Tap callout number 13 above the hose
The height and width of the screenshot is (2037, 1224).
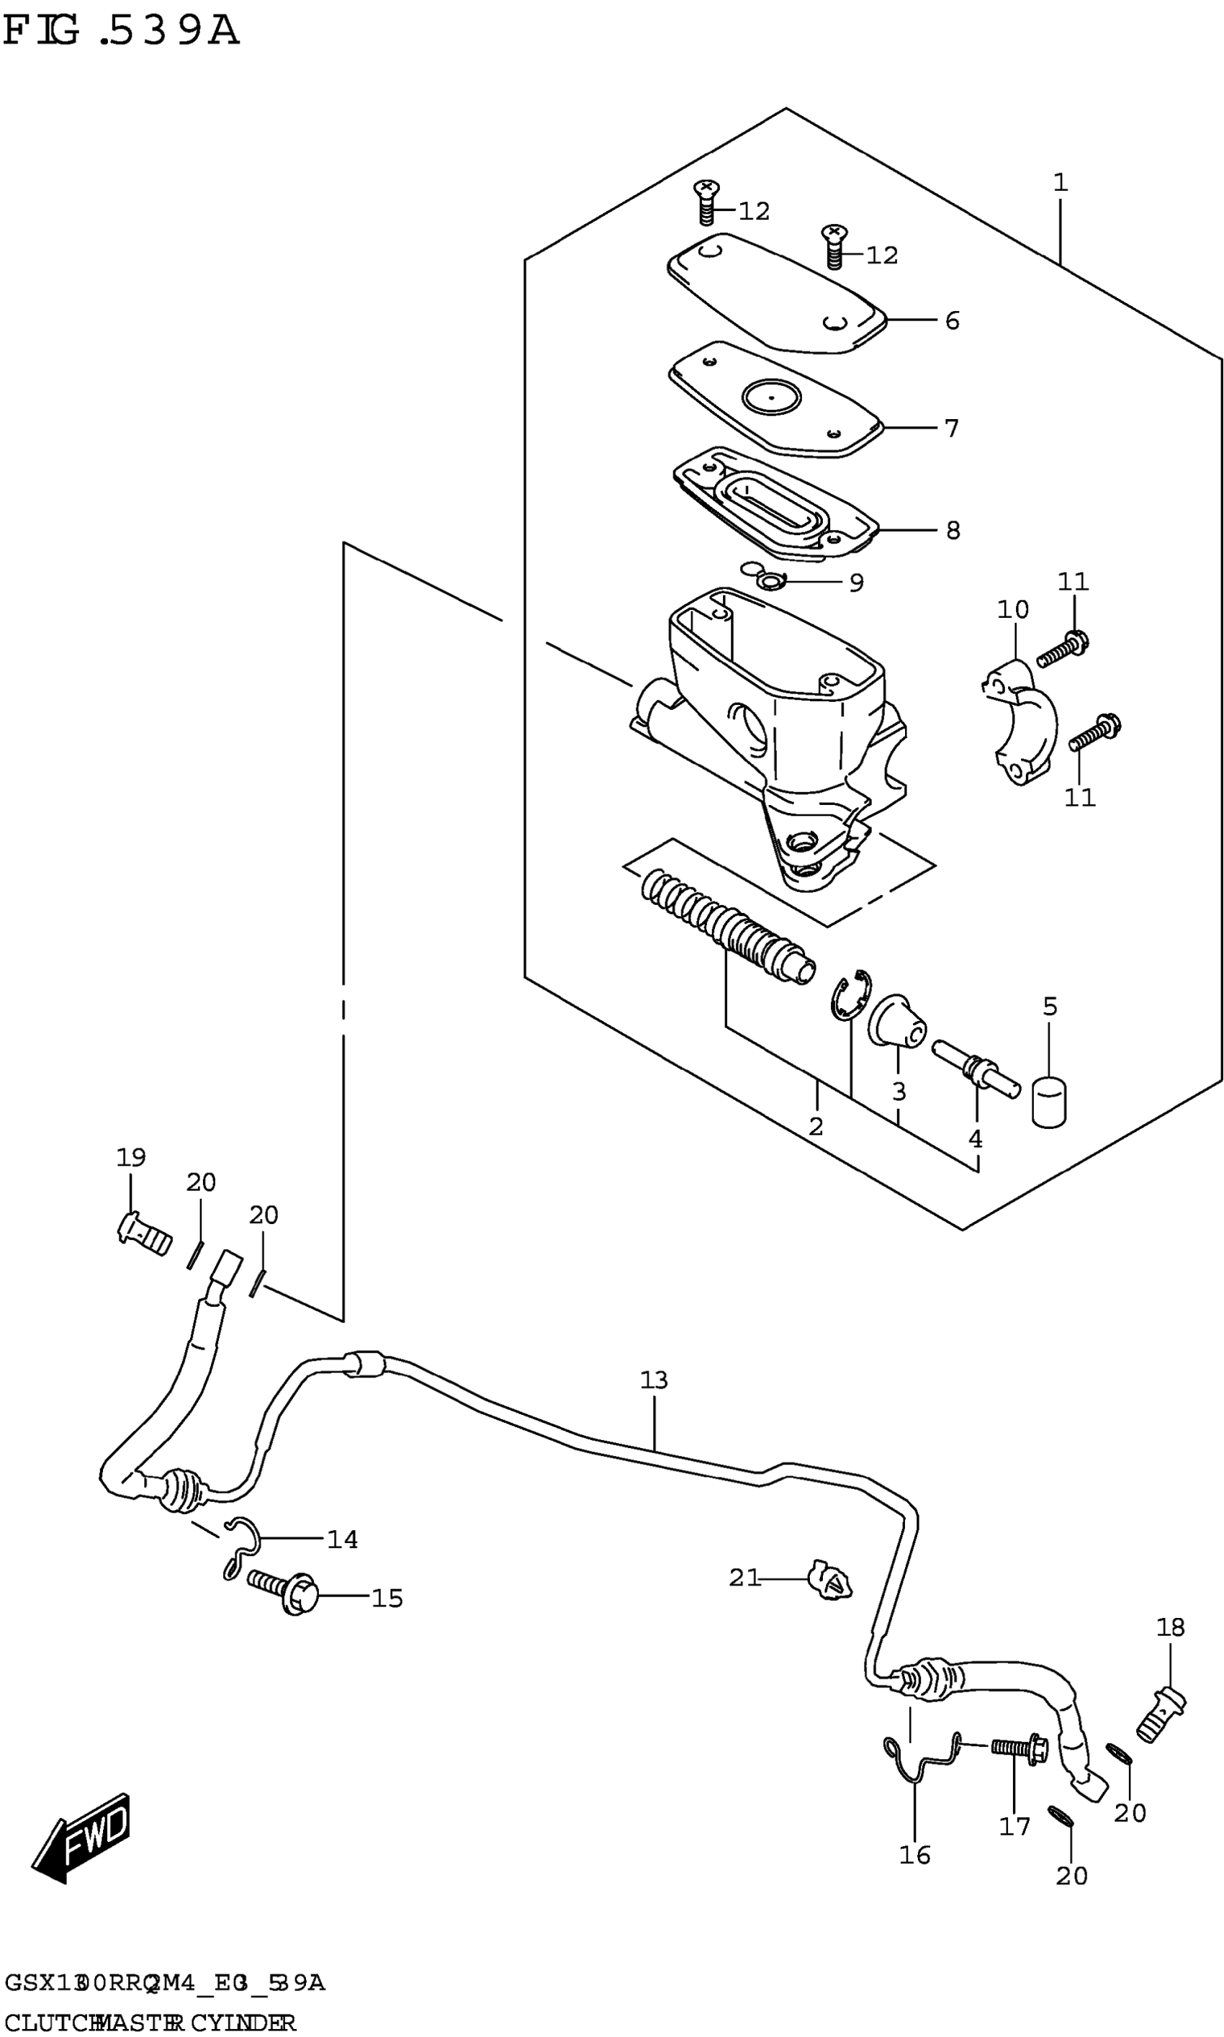[653, 1380]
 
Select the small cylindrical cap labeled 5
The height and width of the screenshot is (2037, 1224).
[1048, 1102]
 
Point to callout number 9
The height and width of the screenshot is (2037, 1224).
[856, 583]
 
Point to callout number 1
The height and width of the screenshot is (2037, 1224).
[1060, 183]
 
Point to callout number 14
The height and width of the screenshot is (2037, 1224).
[342, 1539]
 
